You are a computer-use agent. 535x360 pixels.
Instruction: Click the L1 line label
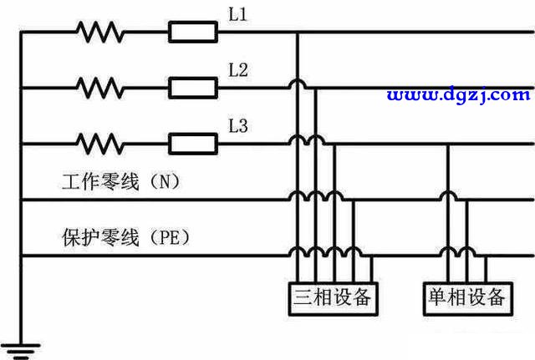coord(237,15)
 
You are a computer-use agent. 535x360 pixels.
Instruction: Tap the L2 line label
coord(238,70)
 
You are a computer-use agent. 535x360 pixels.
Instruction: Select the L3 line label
coord(238,126)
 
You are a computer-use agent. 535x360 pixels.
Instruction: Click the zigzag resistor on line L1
coord(100,32)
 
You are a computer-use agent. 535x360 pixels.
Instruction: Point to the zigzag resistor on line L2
coord(100,88)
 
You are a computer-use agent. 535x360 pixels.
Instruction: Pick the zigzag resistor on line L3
coord(100,144)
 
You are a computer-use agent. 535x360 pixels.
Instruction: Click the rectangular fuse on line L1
coord(193,32)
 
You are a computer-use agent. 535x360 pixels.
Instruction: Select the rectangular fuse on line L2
coord(193,88)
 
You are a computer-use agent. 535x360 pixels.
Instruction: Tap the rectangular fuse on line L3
coord(193,144)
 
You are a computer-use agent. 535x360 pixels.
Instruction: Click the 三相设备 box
coord(333,299)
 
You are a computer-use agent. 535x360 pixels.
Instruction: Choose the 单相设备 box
coord(468,299)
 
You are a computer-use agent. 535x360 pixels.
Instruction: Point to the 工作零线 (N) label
coord(121,181)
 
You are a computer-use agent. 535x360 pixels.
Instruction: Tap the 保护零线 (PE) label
coord(126,237)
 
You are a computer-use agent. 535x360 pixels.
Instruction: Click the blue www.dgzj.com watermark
coord(459,94)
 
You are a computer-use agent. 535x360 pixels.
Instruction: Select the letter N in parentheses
coord(165,181)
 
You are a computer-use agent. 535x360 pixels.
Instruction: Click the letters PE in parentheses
coord(170,237)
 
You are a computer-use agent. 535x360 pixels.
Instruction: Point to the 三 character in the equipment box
coord(303,297)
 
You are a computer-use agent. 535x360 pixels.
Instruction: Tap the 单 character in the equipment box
coord(437,297)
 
